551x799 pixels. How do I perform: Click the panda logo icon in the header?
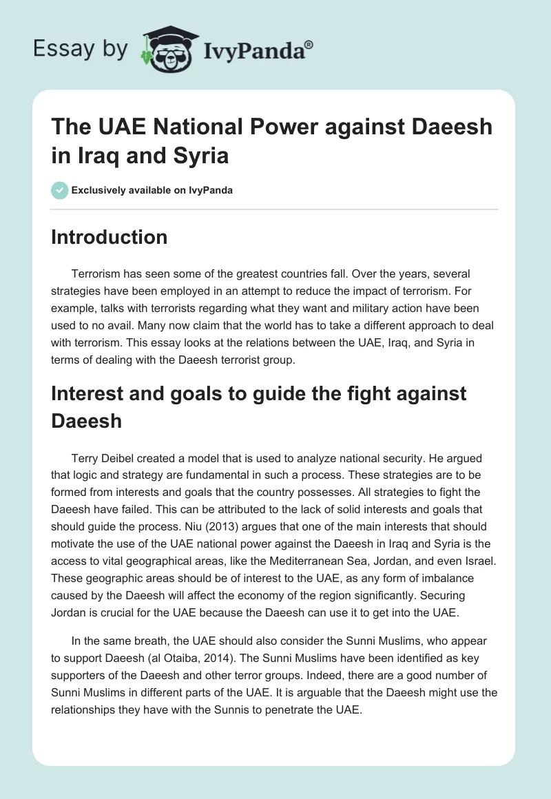(166, 48)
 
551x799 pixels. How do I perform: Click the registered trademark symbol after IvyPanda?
(309, 44)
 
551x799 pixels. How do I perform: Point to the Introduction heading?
(110, 237)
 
